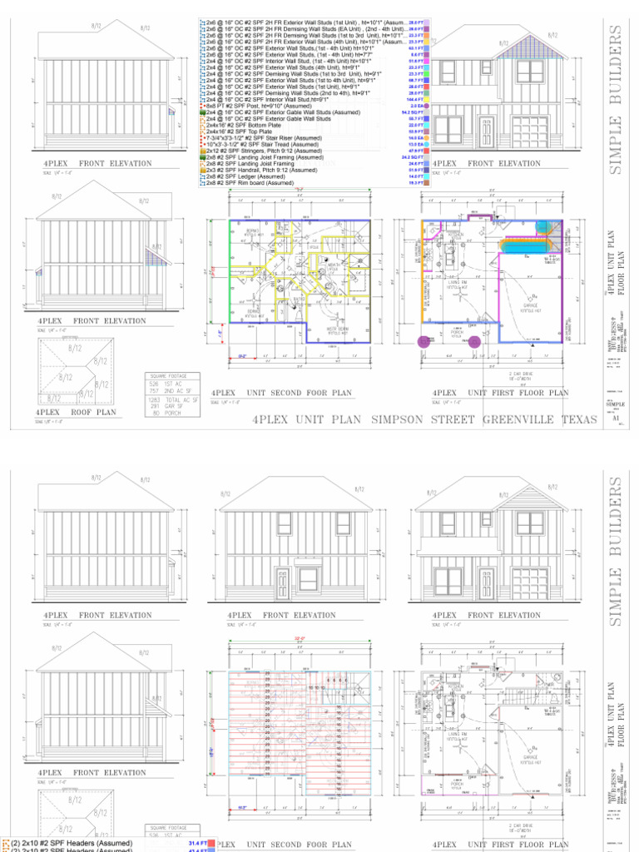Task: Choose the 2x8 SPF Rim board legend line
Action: coord(250,182)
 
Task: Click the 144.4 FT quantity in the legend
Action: coord(416,100)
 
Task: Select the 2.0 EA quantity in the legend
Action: coord(418,106)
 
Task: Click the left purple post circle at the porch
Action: coord(425,341)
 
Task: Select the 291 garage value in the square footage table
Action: coord(155,406)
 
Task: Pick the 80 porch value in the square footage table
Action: coord(153,412)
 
